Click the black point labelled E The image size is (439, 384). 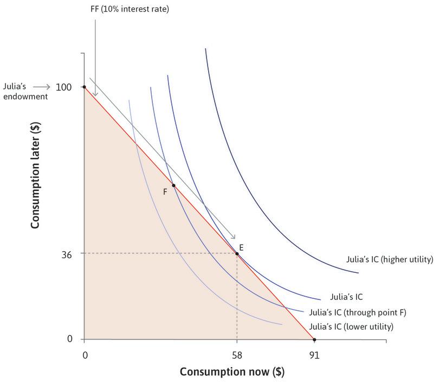[237, 254]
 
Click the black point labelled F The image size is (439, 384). [173, 185]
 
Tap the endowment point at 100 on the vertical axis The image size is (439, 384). [84, 87]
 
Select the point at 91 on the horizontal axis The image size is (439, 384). [314, 340]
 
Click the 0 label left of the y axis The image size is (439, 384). [69, 340]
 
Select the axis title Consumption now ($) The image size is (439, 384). [231, 373]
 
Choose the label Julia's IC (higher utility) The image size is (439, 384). [389, 259]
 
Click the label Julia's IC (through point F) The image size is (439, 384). [357, 312]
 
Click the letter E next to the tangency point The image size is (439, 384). [241, 247]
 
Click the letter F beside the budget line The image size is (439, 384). [165, 191]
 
